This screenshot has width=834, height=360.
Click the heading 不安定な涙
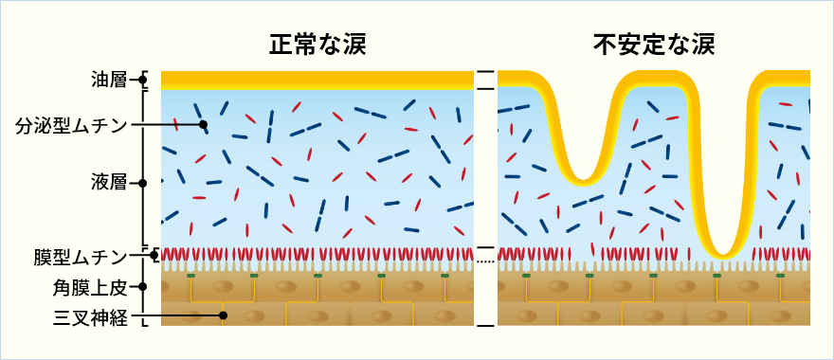pos(654,45)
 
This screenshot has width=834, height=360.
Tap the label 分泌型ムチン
pos(73,124)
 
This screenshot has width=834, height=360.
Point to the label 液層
pos(111,182)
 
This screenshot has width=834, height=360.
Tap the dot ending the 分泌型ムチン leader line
pos(203,124)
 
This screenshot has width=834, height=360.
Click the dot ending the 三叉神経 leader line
pos(224,315)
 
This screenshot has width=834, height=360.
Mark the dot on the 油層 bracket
pos(144,80)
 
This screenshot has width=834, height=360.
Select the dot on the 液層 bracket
pos(144,182)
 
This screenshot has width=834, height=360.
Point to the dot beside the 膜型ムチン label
pos(154,256)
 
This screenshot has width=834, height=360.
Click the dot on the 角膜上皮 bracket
pos(144,285)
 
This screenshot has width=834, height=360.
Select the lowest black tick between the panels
pos(485,326)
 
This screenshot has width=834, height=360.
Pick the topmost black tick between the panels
pos(485,72)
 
